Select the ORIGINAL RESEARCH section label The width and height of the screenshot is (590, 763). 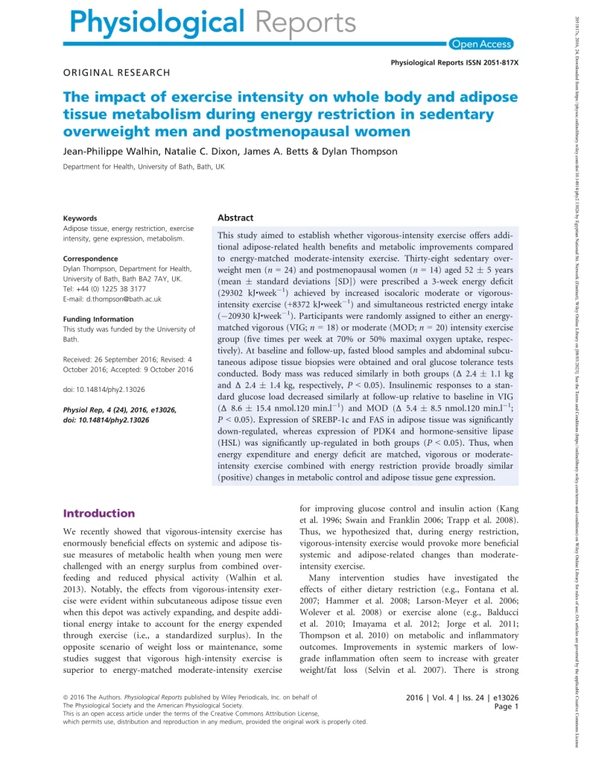[x=116, y=72]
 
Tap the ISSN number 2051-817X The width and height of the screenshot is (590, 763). [x=496, y=63]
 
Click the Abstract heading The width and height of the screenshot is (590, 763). [x=235, y=218]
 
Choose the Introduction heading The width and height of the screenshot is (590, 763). [x=99, y=513]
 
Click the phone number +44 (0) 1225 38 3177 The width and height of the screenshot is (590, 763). [x=114, y=288]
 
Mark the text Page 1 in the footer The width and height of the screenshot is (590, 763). [x=506, y=706]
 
